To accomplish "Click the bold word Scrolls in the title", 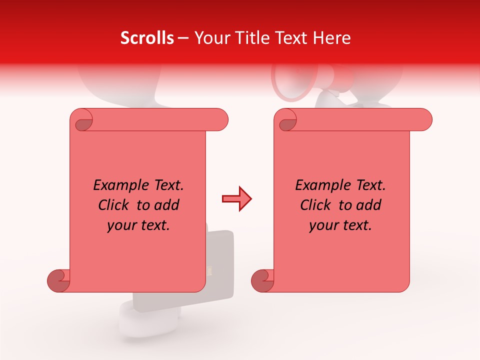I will [147, 38].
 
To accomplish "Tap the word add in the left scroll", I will [166, 205].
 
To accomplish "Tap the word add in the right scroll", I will [368, 205].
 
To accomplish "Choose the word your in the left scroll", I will [121, 225].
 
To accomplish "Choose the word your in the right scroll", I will [323, 225].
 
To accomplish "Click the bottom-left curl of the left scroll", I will [59, 280].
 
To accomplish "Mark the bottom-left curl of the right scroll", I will [263, 280].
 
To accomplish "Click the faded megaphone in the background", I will [300, 80].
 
